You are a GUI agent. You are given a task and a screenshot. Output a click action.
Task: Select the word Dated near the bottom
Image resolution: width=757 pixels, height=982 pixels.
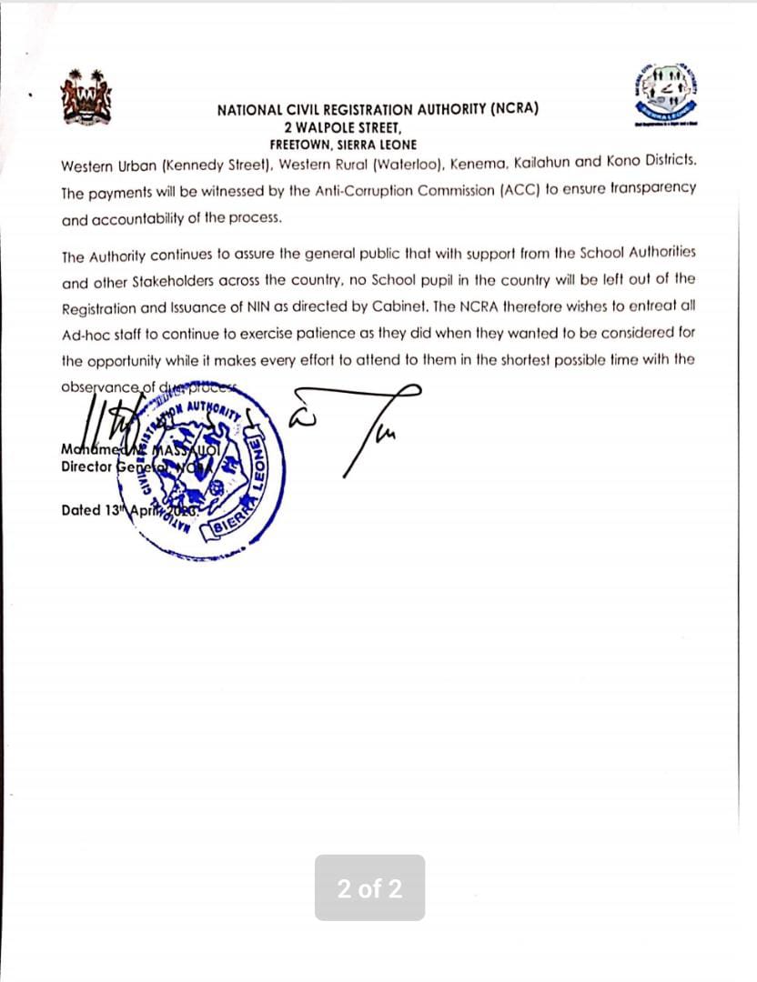[81, 510]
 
